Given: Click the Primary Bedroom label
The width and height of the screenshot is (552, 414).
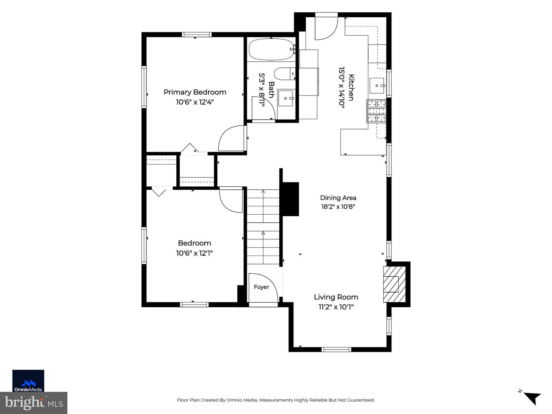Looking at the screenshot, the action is click(x=195, y=92).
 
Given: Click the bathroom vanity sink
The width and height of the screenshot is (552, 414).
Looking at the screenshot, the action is click(x=286, y=98).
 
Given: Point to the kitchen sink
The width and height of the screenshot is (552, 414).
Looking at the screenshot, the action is click(x=377, y=85).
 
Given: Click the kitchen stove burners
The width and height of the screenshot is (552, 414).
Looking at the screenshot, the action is click(x=376, y=111).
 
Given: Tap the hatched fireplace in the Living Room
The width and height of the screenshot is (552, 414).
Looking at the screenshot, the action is click(x=394, y=284).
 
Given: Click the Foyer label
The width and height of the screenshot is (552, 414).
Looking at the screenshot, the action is click(x=261, y=287).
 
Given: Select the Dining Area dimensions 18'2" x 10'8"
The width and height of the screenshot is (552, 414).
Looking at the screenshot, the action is click(x=338, y=207).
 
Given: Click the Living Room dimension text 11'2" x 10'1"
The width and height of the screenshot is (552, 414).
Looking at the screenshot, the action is click(x=336, y=307).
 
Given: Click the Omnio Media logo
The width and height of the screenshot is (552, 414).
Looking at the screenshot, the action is click(x=28, y=381).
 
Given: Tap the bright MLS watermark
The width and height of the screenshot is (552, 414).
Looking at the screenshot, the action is click(x=34, y=402).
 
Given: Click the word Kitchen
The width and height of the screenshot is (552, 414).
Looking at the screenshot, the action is click(x=351, y=87).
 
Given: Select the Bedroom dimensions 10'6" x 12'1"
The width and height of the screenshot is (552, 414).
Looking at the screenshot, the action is click(x=194, y=253).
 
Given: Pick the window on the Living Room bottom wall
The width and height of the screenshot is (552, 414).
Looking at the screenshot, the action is click(x=336, y=349).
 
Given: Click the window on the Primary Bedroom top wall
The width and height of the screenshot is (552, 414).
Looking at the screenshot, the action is click(x=197, y=34).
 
